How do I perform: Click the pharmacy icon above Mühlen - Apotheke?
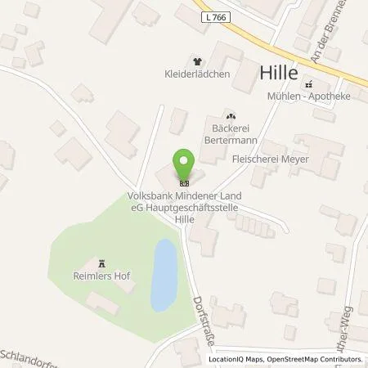[308, 84]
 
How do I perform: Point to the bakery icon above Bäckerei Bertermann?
[230, 116]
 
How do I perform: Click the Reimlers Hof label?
[102, 276]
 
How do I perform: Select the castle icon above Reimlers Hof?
[102, 263]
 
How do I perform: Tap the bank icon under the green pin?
[184, 182]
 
